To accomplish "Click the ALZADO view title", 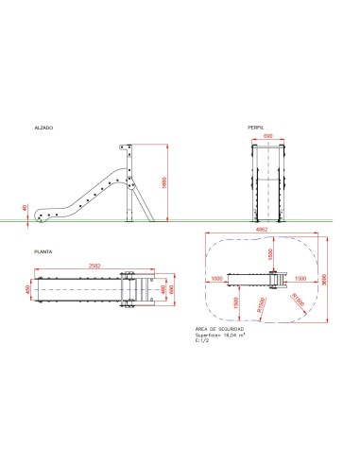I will (43, 127).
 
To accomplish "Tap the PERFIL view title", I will (255, 127).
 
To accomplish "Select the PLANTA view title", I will (43, 253).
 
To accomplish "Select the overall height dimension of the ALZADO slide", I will (164, 183).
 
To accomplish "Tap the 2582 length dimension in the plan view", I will (94, 267).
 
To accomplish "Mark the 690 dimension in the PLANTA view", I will (171, 288).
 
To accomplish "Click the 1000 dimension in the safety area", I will (217, 279).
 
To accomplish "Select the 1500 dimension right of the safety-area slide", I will (300, 279).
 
